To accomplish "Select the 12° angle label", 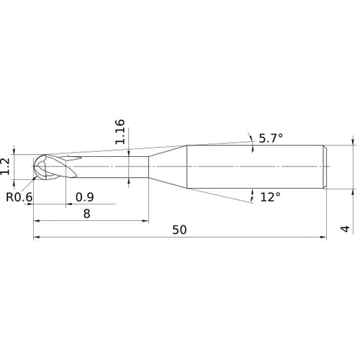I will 270,197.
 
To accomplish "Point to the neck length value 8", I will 87,213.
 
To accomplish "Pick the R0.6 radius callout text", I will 19,197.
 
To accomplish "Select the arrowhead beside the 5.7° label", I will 249,136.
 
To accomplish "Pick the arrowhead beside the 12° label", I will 253,194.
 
